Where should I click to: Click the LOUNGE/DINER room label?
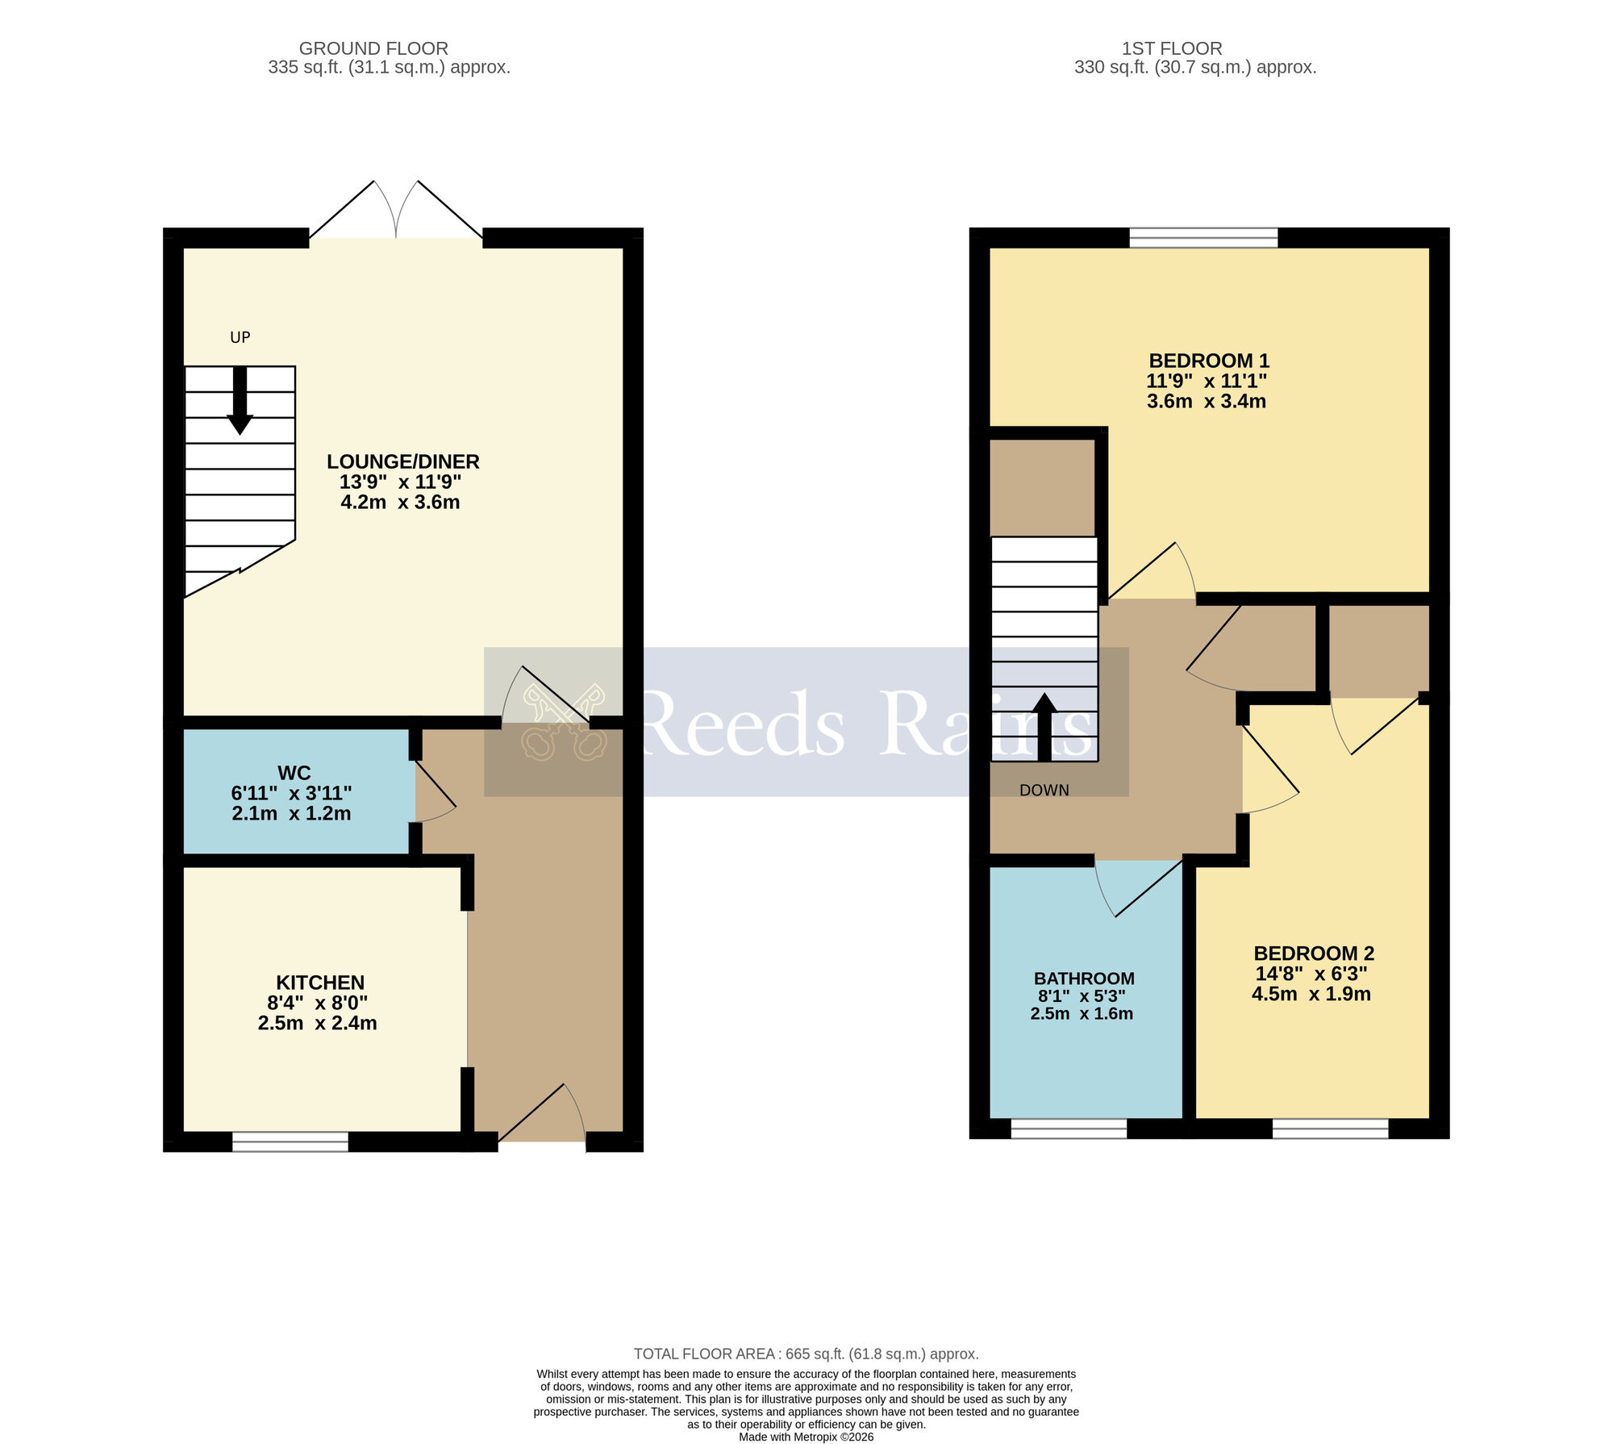(402, 461)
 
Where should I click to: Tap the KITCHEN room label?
(320, 982)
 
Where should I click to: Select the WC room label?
(294, 772)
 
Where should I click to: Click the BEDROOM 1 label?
(1208, 361)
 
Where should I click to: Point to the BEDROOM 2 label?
(1313, 953)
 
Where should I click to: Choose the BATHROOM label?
(1084, 978)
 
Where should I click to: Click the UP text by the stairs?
(240, 337)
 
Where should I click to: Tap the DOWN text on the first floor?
(1044, 791)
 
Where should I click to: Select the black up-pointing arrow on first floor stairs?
(1044, 726)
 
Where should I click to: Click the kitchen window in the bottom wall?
(290, 1141)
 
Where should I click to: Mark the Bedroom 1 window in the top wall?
(1203, 237)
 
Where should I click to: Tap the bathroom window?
(1069, 1128)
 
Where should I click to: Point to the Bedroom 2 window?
(1330, 1128)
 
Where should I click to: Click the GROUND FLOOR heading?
(373, 48)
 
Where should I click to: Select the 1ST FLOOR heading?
(1172, 48)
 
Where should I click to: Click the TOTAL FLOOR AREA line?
(806, 1354)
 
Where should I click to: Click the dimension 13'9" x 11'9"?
(400, 482)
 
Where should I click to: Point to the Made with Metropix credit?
(806, 1437)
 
